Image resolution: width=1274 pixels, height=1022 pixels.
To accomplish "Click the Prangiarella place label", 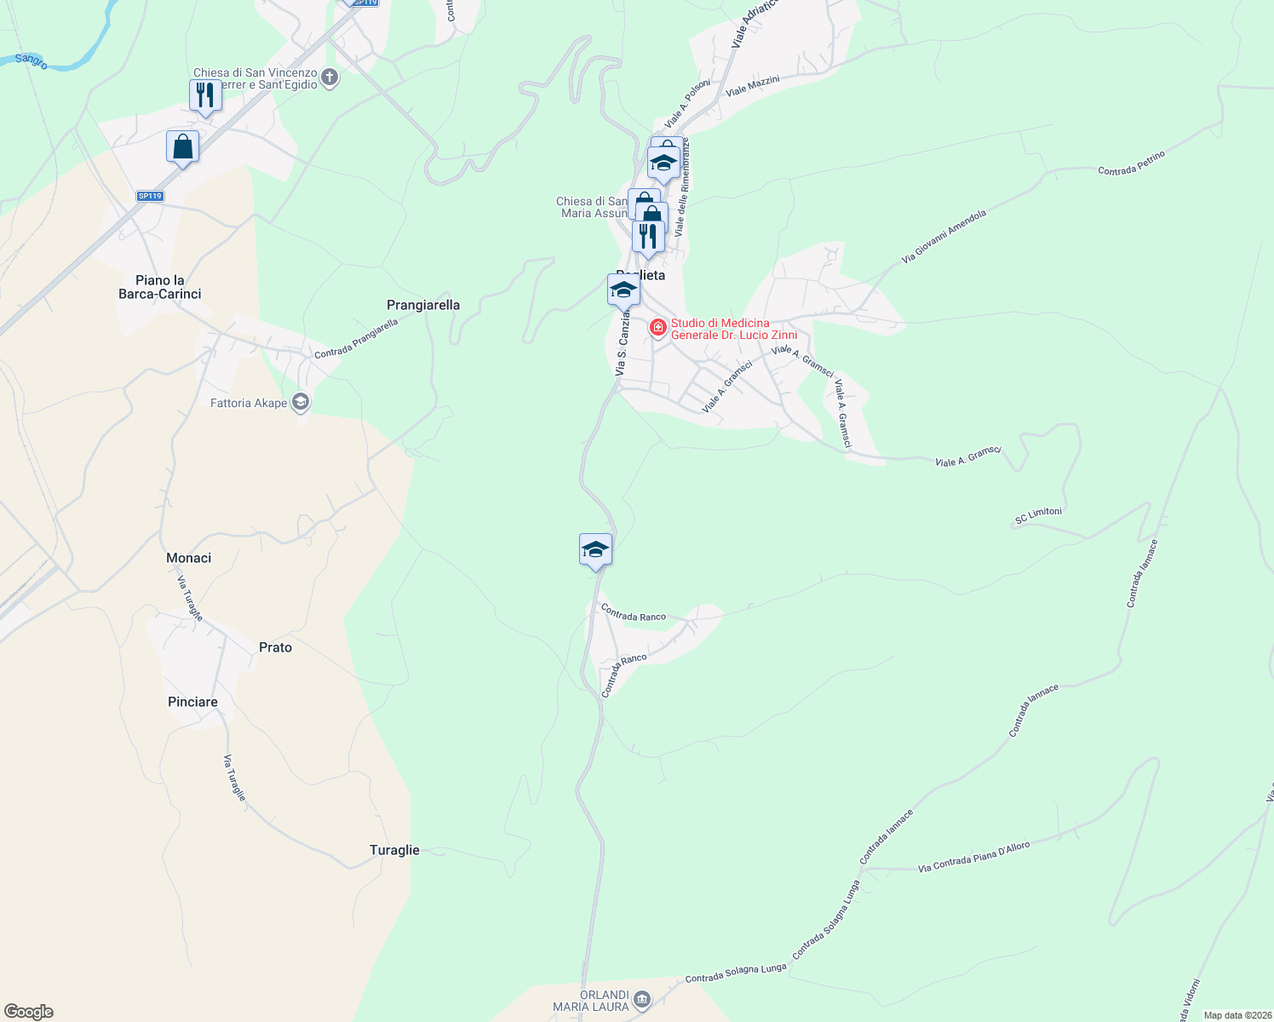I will (x=423, y=305).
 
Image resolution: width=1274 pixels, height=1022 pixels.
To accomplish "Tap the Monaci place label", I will (x=189, y=558).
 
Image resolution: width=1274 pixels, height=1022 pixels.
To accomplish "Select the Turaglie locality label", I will (x=394, y=850).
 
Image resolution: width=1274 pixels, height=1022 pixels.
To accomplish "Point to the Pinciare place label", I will (x=193, y=702).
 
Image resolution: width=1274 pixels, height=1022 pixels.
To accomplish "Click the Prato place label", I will (x=275, y=647).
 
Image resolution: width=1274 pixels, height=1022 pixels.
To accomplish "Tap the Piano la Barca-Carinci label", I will (x=160, y=287).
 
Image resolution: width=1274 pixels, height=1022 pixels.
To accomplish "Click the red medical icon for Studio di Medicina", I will (x=657, y=328).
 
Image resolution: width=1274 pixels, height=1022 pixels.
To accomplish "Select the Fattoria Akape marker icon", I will (x=300, y=402).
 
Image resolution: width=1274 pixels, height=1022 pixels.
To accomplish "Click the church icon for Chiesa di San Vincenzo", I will (x=330, y=78).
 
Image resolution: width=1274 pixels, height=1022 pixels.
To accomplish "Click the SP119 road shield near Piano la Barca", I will (x=150, y=196).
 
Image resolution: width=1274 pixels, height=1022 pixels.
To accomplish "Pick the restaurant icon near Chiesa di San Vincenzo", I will (x=205, y=95).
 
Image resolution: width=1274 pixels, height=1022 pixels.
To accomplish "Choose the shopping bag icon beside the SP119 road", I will (x=182, y=146).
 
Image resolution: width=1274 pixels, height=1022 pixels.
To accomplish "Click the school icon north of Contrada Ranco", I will (x=595, y=549).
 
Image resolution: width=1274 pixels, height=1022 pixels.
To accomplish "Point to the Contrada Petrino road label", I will (x=1131, y=164).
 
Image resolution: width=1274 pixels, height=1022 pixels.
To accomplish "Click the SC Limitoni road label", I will (x=1038, y=516).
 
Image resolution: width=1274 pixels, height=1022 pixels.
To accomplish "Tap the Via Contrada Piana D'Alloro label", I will (x=973, y=858).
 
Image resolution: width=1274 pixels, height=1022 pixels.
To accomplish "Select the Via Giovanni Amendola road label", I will (x=944, y=236).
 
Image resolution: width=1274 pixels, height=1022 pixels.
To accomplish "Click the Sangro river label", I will (x=32, y=60).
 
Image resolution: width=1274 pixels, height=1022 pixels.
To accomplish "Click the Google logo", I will (x=29, y=1012).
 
